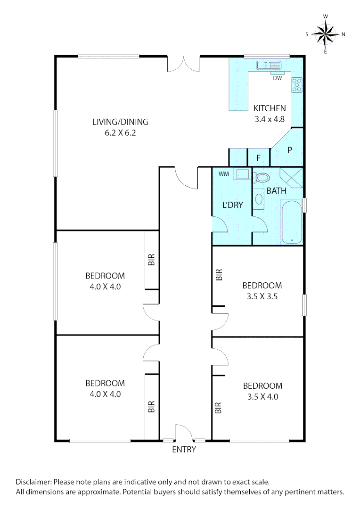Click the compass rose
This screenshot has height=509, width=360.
coord(326,33)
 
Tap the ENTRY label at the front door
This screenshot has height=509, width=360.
coord(184,450)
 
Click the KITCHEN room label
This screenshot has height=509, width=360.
coord(270,108)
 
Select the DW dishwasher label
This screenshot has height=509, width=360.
coord(277,78)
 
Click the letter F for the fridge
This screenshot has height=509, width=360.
coord(258,158)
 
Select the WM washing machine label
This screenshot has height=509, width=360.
coord(223,174)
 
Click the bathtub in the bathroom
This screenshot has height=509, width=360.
coord(292,222)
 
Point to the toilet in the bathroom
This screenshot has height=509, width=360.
coord(262,178)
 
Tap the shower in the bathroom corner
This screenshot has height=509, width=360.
coord(291,178)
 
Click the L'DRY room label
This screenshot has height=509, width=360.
coord(233,205)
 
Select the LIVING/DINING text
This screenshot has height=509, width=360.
coord(120,122)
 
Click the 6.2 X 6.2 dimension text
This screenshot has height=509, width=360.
coord(120,133)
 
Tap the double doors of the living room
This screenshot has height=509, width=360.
coord(184,64)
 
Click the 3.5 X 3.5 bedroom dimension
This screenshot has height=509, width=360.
coord(262,297)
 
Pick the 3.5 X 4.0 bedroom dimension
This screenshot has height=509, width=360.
coord(262,397)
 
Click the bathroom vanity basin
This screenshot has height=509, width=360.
coord(260,199)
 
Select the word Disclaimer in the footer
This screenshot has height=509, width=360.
coord(34,482)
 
